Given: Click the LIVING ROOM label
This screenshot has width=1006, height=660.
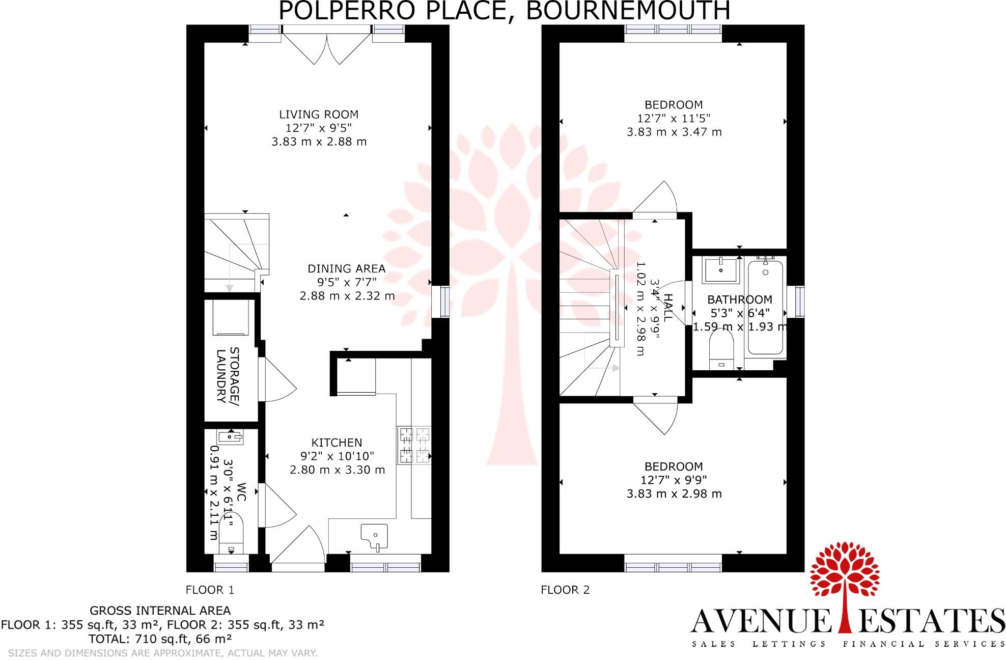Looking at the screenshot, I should (x=319, y=115).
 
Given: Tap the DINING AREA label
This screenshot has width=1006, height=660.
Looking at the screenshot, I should (x=346, y=268).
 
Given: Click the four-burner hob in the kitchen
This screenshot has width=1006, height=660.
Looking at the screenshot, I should (x=414, y=446).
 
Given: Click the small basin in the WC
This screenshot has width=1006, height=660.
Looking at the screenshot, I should (x=230, y=436).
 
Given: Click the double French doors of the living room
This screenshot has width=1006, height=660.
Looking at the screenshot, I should (x=326, y=46).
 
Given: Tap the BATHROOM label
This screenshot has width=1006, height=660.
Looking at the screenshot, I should (x=740, y=299).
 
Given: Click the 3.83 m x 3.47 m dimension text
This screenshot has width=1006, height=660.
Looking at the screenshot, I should (x=674, y=132).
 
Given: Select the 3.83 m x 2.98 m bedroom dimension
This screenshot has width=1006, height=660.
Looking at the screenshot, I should (x=674, y=493).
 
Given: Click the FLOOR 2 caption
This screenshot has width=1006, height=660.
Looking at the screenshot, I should (x=565, y=590).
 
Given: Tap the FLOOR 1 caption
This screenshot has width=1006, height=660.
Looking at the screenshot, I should (x=210, y=590).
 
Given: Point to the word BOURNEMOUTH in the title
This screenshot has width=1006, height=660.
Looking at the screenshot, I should (x=627, y=10).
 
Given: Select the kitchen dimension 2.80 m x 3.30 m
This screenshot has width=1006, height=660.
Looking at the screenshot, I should (x=337, y=470).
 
